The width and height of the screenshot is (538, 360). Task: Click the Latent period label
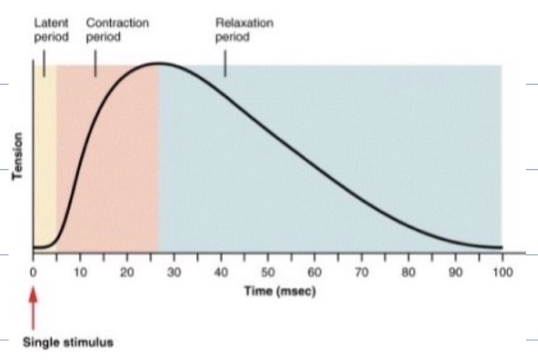[51, 30]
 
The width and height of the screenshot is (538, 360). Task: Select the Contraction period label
[117, 30]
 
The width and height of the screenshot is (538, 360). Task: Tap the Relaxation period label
[244, 30]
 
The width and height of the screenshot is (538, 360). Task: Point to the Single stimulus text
[68, 342]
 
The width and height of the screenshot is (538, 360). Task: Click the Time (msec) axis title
[279, 292]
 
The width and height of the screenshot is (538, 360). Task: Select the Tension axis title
[19, 156]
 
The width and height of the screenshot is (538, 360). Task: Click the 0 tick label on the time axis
[33, 273]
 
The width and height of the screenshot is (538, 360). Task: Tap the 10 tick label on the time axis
[80, 273]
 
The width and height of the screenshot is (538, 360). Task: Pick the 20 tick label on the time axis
[127, 273]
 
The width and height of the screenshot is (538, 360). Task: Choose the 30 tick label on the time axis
[174, 273]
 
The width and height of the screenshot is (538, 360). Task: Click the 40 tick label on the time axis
[220, 273]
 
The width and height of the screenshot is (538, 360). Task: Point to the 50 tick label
[267, 273]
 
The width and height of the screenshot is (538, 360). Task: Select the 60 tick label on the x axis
[314, 273]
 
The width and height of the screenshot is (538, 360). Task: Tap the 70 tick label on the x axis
[361, 273]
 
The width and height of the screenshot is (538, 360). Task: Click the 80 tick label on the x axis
[408, 273]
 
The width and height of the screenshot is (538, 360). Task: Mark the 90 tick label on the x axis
[455, 273]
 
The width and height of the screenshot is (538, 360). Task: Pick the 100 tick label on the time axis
[502, 273]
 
